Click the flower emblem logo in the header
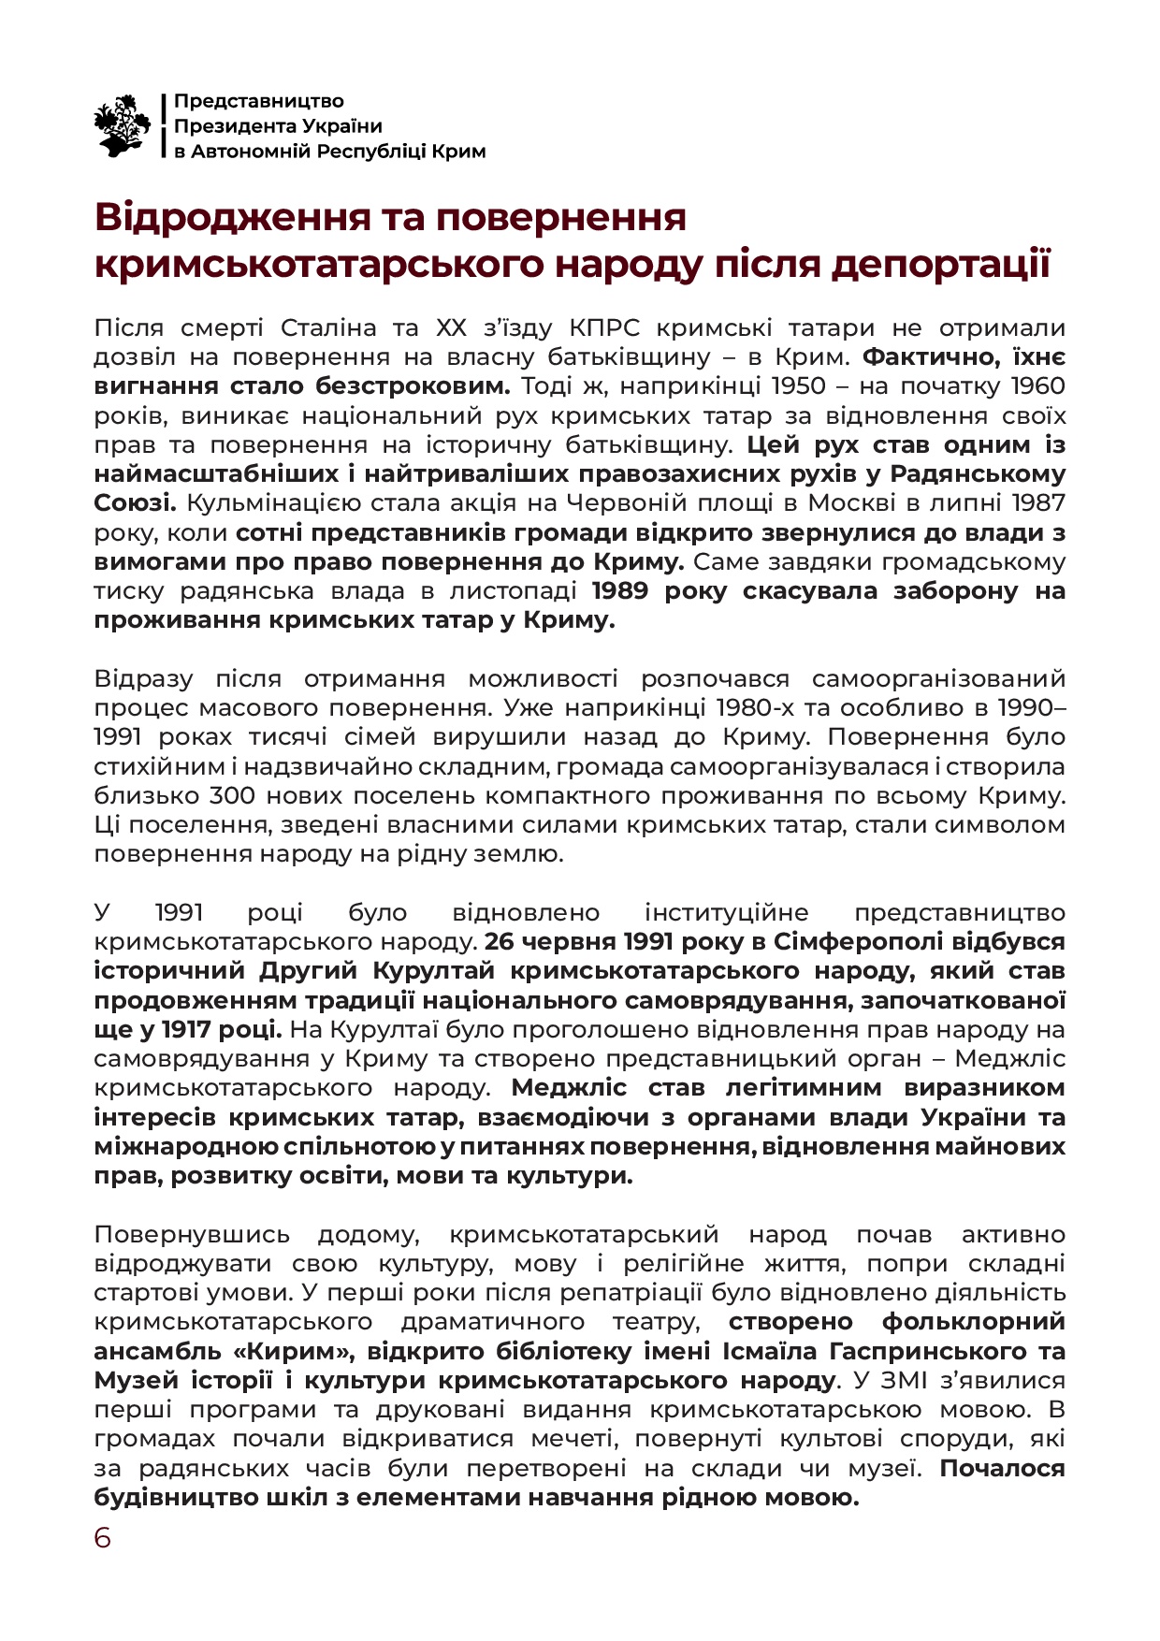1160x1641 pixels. tap(123, 125)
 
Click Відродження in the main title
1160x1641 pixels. tap(219, 217)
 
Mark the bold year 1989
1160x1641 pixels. tap(625, 590)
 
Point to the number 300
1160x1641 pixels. tap(232, 795)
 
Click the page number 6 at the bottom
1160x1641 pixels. tap(102, 1538)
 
